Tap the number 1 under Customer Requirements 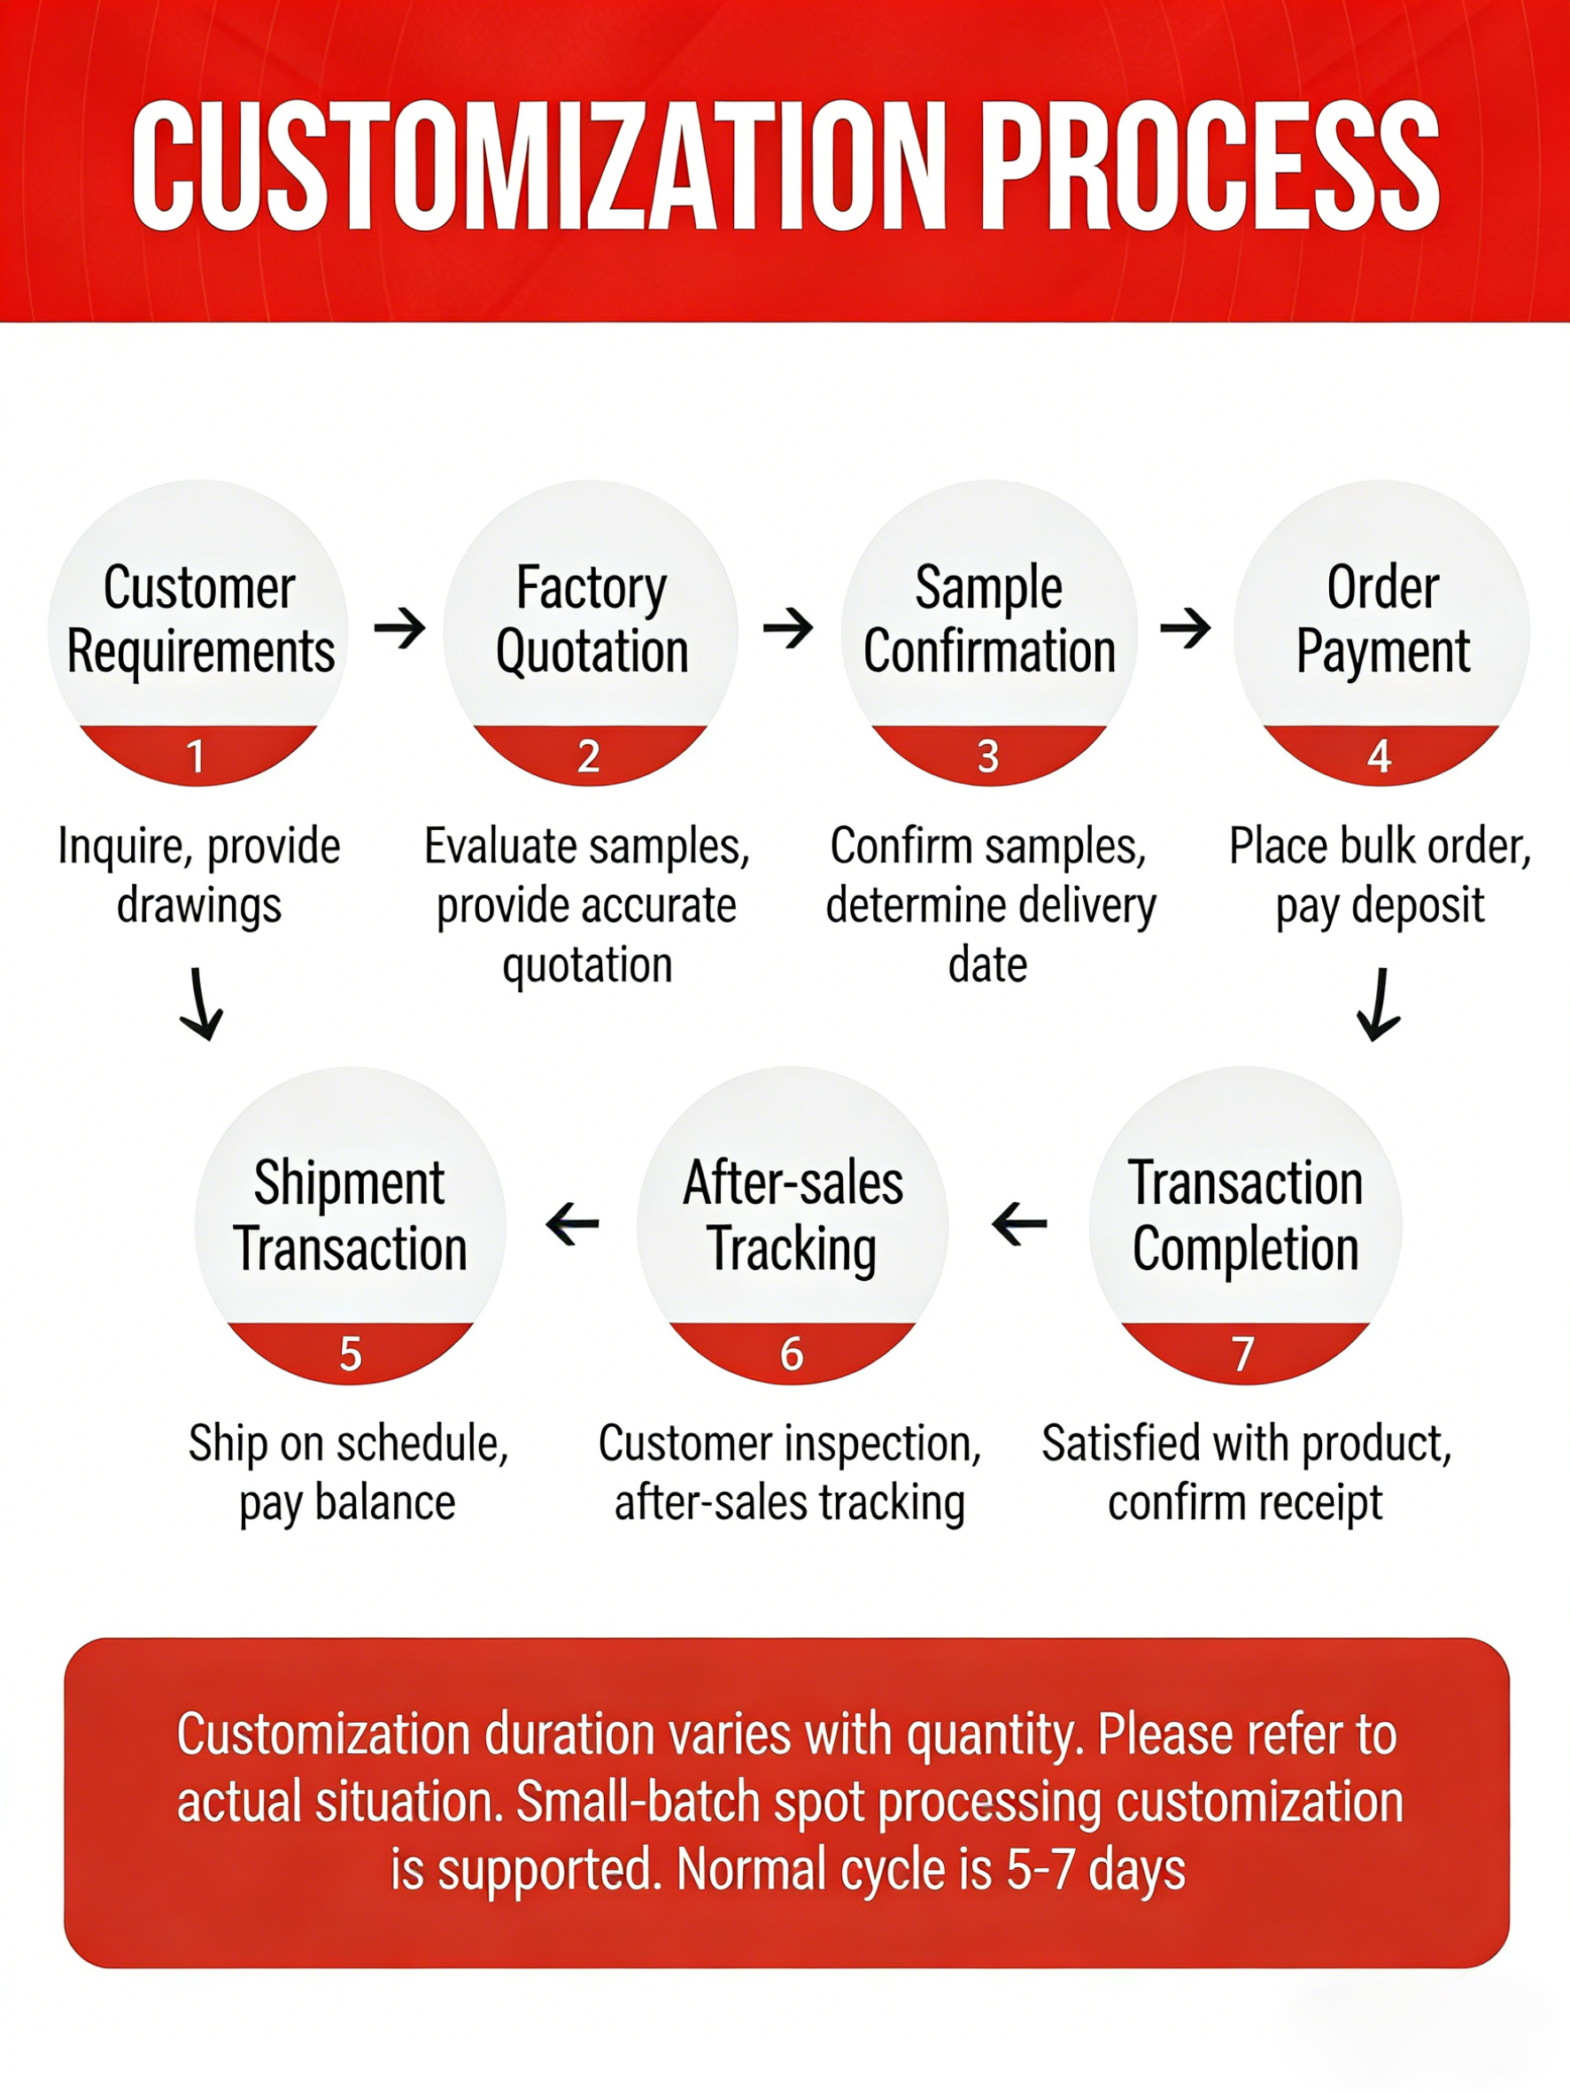tap(196, 756)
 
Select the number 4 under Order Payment tap(1379, 756)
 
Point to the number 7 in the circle tap(1242, 1353)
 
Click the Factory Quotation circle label tap(592, 620)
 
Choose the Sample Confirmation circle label tap(989, 620)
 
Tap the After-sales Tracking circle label tap(793, 1217)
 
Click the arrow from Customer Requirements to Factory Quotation tap(399, 628)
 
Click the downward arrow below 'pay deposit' tap(1379, 1004)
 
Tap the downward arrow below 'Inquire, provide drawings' tap(201, 1004)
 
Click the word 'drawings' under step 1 tap(198, 907)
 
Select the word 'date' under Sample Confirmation tap(988, 965)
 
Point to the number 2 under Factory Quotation tap(589, 756)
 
